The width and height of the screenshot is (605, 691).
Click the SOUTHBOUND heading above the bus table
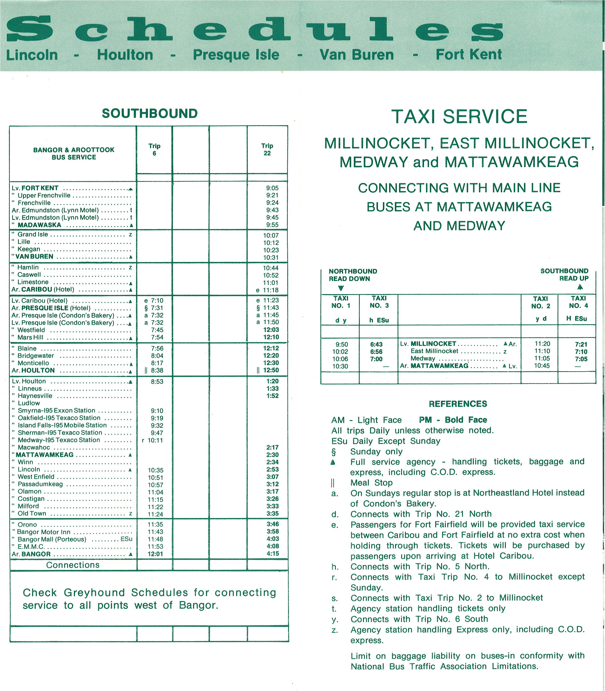pos(149,113)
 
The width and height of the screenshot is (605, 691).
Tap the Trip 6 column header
pos(154,150)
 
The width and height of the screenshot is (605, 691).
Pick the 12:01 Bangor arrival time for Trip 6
pos(155,554)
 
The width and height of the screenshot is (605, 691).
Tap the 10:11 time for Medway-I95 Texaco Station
pos(155,440)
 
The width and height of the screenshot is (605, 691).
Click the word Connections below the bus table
pos(73,565)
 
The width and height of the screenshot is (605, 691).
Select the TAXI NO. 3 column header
pos(379,302)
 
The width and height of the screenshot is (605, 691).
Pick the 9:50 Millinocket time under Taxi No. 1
pos(342,344)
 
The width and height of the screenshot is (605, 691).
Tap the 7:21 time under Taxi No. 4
pos(581,344)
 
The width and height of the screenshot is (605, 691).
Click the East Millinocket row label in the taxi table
pos(434,351)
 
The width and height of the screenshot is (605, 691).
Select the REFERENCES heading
pos(458,404)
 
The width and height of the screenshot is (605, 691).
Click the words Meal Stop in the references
pos(371,483)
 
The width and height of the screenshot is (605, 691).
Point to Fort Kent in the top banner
pos(468,54)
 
